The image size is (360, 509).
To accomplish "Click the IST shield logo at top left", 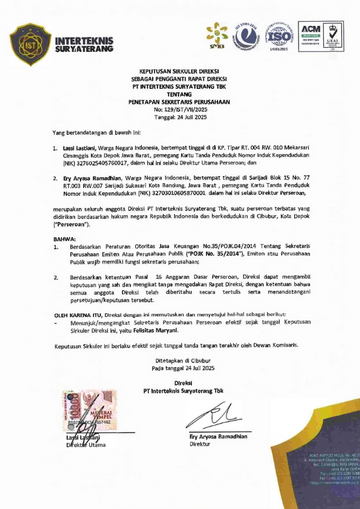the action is (31, 44).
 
